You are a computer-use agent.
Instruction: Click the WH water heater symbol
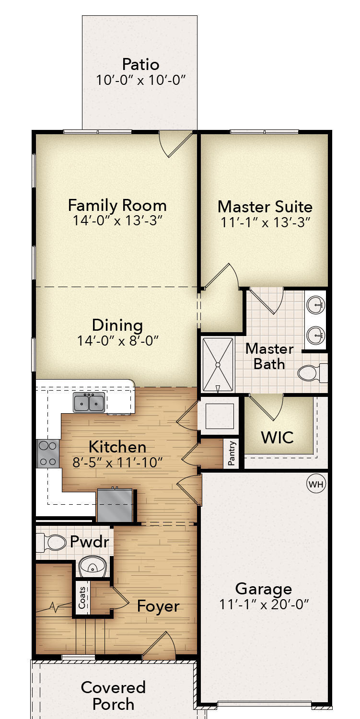point(316,484)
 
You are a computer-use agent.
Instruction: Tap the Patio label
point(140,65)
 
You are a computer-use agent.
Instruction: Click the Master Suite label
point(265,207)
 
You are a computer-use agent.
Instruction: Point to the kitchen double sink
point(89,402)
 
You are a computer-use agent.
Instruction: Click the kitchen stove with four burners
point(48,453)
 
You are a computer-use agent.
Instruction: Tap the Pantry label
point(231,453)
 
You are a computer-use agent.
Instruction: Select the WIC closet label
point(278,437)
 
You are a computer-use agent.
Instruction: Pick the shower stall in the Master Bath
point(218,365)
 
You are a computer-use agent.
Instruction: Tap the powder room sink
point(93,567)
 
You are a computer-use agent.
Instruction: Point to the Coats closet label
point(82,598)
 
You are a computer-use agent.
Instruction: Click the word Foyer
point(158,606)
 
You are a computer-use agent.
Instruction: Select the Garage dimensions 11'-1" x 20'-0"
point(264,605)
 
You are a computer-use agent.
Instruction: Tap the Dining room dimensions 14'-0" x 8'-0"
point(118,340)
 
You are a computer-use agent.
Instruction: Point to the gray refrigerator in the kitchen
point(115,505)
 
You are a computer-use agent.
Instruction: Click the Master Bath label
point(269,357)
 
